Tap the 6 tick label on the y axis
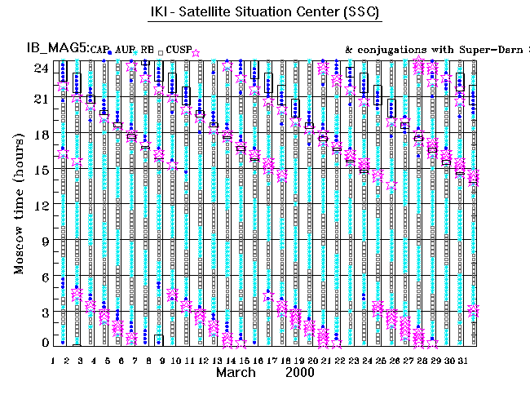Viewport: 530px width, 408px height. point(44,277)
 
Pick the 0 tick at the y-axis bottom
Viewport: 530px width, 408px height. point(44,343)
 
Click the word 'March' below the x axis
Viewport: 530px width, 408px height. point(237,371)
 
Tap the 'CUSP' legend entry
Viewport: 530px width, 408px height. point(178,51)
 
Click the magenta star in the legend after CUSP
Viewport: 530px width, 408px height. point(196,52)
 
